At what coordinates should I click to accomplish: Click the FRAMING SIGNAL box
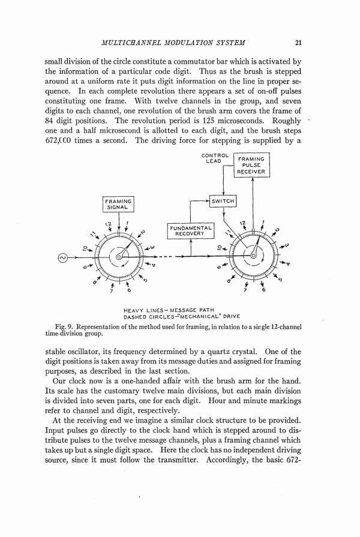[118, 204]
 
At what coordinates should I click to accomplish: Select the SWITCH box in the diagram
[222, 201]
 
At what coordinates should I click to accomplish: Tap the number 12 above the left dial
[109, 226]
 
